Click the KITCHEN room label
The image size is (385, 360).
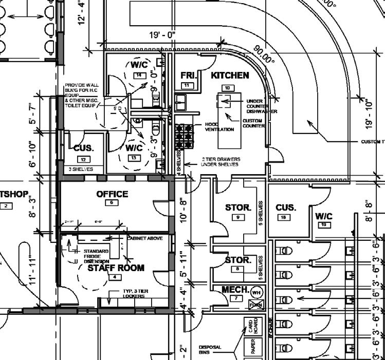point(230,75)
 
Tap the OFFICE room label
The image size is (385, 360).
point(112,194)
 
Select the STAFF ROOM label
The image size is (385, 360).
point(116,268)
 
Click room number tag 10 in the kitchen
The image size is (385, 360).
point(227,88)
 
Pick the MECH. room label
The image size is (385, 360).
point(235,289)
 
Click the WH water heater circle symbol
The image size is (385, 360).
point(256,292)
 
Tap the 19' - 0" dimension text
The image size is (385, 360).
point(162,35)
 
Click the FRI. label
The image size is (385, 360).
point(188,76)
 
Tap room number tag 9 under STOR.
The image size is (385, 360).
point(237,217)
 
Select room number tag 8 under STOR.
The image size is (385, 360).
point(237,269)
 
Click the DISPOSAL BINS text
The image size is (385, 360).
point(210,350)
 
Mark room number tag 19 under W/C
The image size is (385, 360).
point(324,225)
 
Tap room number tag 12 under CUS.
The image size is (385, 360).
point(83,159)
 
